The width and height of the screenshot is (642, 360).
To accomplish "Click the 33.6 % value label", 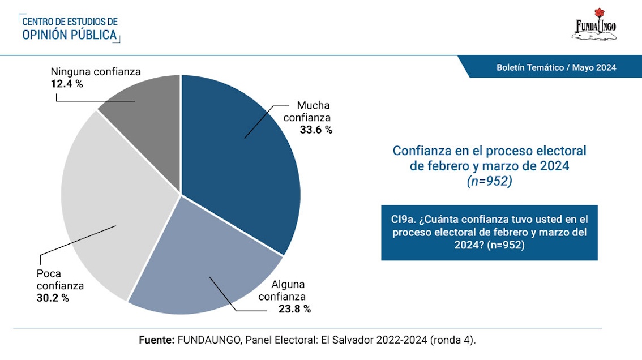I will [x=316, y=130].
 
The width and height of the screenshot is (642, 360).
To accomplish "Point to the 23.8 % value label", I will [x=295, y=309].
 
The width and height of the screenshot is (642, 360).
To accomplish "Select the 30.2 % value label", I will [x=53, y=298].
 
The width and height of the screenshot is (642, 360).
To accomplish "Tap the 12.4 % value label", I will [x=67, y=84].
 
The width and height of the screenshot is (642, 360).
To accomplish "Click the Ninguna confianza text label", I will [x=95, y=72].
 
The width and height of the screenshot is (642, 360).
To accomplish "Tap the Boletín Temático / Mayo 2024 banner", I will [x=556, y=67].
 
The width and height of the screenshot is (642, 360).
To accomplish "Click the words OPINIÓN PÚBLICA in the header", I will [x=70, y=35].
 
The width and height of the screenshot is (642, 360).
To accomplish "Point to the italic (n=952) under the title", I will [x=490, y=182].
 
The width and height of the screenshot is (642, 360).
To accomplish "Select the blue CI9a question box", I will [x=489, y=232].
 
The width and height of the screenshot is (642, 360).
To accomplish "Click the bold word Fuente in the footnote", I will [x=157, y=340].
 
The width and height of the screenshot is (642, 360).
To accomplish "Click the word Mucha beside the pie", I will [x=313, y=105].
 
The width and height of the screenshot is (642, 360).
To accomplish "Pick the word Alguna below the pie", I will [x=288, y=284].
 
